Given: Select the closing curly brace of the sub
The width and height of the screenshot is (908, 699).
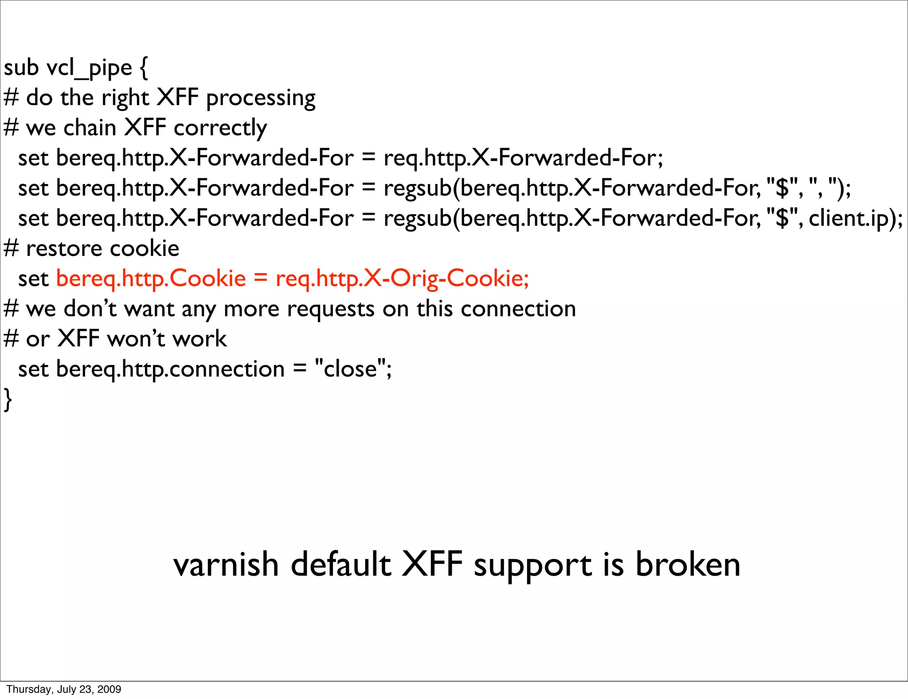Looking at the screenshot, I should [8, 399].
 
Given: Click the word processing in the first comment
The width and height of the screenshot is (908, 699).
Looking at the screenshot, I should [261, 98].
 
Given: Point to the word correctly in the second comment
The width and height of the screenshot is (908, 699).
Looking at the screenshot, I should [220, 128].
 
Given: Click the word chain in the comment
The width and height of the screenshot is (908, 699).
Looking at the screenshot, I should [90, 128].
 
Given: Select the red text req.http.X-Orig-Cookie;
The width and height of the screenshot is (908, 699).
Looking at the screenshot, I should [402, 279].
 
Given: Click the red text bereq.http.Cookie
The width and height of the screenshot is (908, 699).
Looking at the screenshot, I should [151, 279].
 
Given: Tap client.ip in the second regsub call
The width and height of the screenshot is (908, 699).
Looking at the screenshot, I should [849, 218].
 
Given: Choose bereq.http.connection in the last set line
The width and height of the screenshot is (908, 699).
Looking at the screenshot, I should [170, 369].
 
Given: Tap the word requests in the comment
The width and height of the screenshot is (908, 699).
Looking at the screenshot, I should [330, 309].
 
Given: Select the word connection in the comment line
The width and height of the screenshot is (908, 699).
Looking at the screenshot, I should [518, 309].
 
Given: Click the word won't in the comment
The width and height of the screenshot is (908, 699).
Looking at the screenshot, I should [136, 339].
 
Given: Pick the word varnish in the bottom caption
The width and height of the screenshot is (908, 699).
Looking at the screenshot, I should [226, 565].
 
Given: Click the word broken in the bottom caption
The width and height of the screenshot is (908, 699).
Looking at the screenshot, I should [688, 565].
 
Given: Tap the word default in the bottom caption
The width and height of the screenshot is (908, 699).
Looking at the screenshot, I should [341, 565].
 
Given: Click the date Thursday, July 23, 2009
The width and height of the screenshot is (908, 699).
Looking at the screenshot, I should [63, 689].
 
